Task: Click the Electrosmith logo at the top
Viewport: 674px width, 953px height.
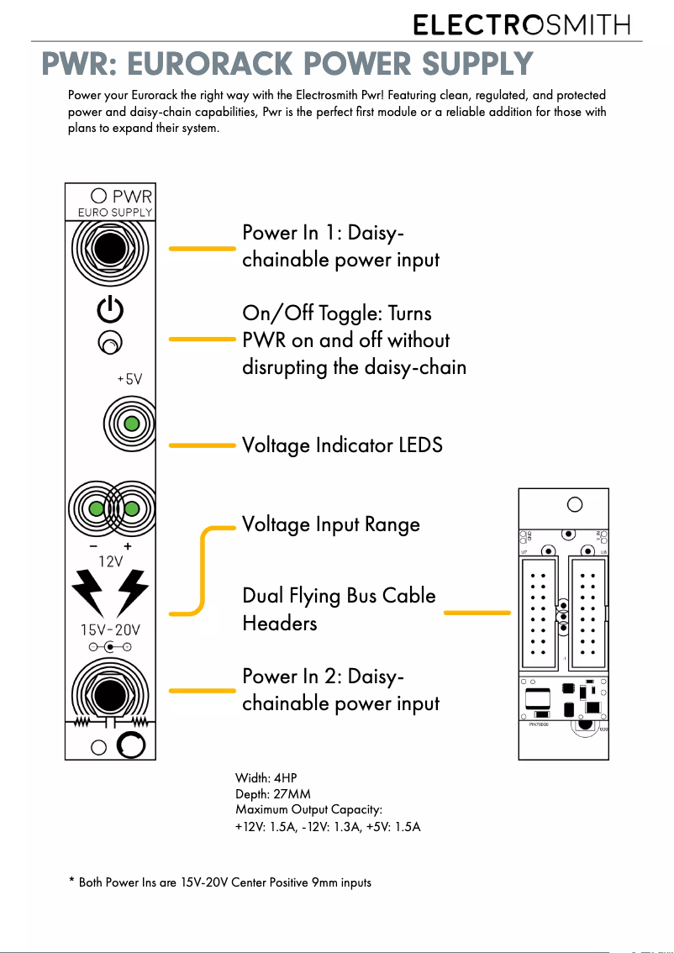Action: [521, 25]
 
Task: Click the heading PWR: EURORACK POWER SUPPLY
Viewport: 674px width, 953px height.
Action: [287, 64]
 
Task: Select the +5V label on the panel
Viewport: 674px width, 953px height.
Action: [129, 379]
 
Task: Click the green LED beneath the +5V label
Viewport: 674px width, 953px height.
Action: [131, 423]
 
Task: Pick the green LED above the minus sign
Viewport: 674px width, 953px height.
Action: [97, 508]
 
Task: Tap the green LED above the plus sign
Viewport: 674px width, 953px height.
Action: [131, 508]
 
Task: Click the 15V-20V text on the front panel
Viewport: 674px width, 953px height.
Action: [111, 629]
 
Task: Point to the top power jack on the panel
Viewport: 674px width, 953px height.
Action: [110, 249]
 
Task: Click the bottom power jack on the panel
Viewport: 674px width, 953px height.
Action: [108, 694]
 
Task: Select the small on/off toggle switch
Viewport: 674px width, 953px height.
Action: [109, 343]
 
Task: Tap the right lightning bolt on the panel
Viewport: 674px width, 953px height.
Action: [132, 592]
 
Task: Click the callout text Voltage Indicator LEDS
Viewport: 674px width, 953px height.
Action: [341, 445]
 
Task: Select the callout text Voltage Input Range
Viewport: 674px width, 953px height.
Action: [330, 524]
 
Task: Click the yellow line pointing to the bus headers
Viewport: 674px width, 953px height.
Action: [477, 613]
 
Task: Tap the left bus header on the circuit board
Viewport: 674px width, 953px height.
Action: [540, 608]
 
